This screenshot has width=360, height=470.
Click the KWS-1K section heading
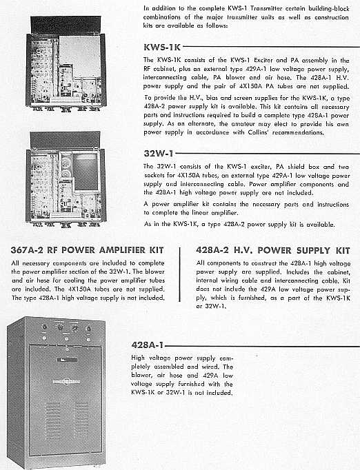pyautogui.click(x=162, y=47)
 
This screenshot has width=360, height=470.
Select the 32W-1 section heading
pyautogui.click(x=159, y=154)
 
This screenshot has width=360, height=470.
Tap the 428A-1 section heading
pyautogui.click(x=148, y=345)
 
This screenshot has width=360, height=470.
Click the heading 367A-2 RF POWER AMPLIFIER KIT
pyautogui.click(x=88, y=250)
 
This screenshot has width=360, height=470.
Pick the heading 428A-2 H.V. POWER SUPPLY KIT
pyautogui.click(x=273, y=250)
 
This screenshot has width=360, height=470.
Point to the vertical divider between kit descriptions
pyautogui.click(x=180, y=274)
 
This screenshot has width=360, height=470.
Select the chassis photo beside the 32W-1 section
pyautogui.click(x=66, y=179)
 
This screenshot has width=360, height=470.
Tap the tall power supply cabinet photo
pyautogui.click(x=57, y=393)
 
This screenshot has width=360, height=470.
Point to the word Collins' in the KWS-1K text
pyautogui.click(x=259, y=132)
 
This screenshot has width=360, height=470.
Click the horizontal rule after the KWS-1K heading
pyautogui.click(x=271, y=47)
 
